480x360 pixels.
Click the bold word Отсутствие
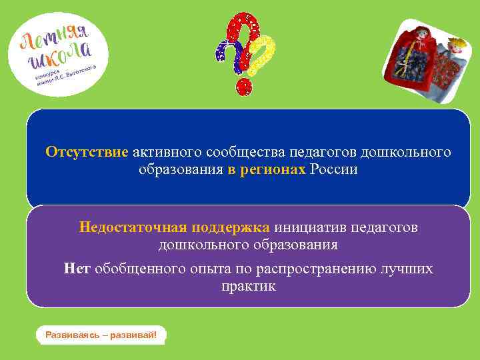tap(87, 152)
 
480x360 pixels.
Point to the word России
tap(333, 170)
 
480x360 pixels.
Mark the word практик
tap(248, 286)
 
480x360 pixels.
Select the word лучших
tap(408, 269)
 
